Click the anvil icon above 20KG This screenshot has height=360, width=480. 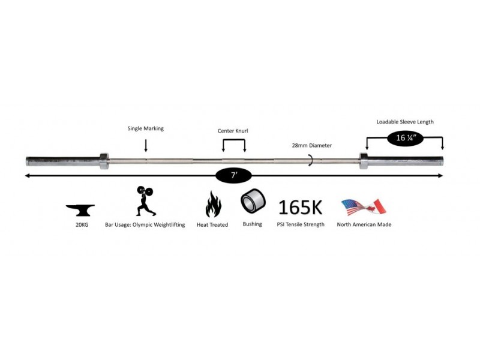click(x=80, y=210)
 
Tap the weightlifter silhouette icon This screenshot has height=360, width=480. click(x=145, y=201)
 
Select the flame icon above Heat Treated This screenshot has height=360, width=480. click(x=213, y=204)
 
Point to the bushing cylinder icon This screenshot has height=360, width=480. click(x=253, y=201)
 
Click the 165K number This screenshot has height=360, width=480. click(x=301, y=207)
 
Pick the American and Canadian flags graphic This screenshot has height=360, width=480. click(x=364, y=207)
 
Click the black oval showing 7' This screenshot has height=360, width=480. click(x=233, y=175)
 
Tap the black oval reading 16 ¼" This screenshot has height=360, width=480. click(x=406, y=139)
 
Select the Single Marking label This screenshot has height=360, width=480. click(x=146, y=128)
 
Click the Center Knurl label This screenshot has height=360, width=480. click(x=233, y=131)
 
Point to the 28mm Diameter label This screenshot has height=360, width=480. click(x=311, y=145)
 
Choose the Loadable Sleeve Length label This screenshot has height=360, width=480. click(x=405, y=122)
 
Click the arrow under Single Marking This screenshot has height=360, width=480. click(x=146, y=145)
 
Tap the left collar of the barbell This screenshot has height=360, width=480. click(x=104, y=161)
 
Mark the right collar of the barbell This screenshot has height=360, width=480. click(x=364, y=161)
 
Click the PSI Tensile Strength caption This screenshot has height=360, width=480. click(x=301, y=224)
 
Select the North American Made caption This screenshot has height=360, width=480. click(x=364, y=224)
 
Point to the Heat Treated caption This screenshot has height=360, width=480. click(x=212, y=224)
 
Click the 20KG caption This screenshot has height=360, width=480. click(x=82, y=224)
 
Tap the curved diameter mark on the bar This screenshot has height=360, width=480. click(x=311, y=160)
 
